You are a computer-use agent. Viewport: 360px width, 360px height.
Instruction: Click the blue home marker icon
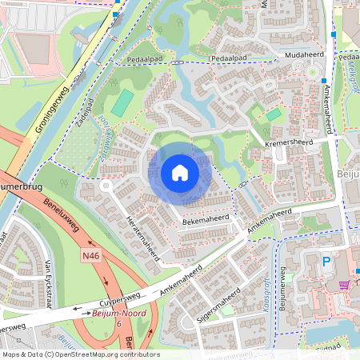tap(180, 173)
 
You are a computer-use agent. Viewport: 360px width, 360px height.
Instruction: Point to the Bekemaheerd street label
tap(206, 217)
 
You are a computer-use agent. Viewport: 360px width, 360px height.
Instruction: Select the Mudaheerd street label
tap(302, 56)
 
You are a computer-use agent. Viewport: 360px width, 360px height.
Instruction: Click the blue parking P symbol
tap(326, 262)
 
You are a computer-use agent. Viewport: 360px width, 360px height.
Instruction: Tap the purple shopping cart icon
tap(344, 285)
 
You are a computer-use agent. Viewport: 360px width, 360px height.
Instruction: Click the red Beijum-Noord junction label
tap(118, 313)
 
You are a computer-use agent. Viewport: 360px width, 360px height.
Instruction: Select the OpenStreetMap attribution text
tap(81, 354)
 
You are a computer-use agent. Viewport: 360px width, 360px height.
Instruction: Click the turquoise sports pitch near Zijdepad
tap(122, 103)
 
